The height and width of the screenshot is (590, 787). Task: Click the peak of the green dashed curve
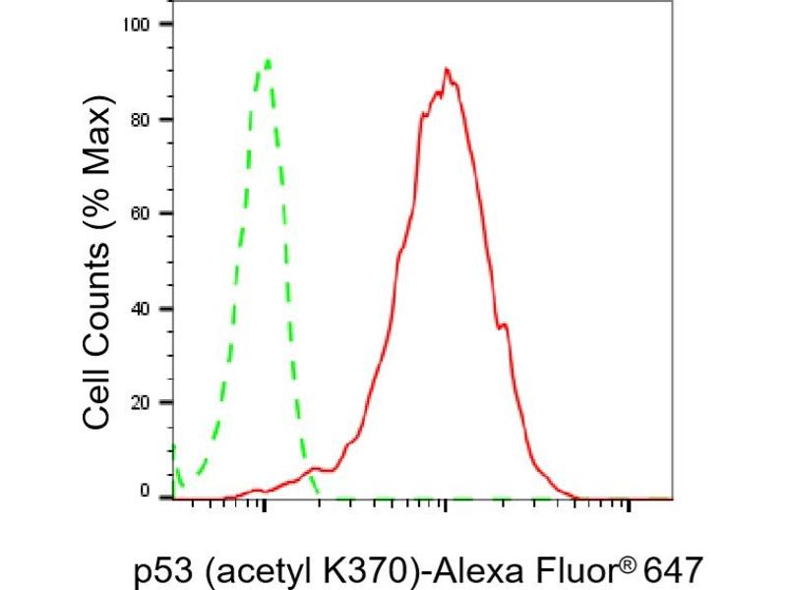coord(267,61)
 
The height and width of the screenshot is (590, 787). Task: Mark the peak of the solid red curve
coord(447,70)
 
